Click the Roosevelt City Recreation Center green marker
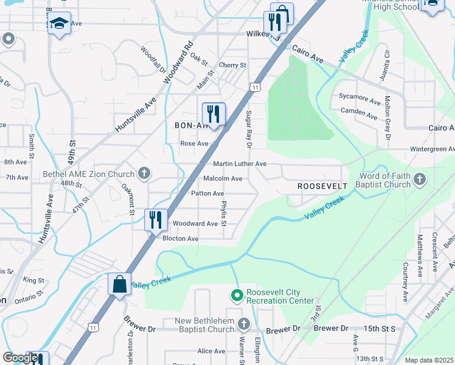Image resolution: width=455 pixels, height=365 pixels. point(237,296)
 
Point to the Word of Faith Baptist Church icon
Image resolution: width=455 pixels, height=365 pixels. point(419,179)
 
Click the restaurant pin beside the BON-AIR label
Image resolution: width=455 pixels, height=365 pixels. point(214,114)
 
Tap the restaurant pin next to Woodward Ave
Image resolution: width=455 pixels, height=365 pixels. point(156,220)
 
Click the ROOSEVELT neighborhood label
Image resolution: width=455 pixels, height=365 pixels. point(322,186)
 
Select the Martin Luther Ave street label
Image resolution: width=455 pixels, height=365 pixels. point(240,164)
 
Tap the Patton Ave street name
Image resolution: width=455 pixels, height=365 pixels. point(207,193)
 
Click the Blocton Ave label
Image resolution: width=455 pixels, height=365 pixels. point(180,238)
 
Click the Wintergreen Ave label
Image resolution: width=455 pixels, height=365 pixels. point(423,149)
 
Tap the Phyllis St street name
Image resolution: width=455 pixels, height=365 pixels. point(224,214)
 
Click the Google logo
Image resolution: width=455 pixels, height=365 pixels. point(20,358)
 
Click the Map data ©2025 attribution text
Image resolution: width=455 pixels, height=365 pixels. point(429,360)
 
